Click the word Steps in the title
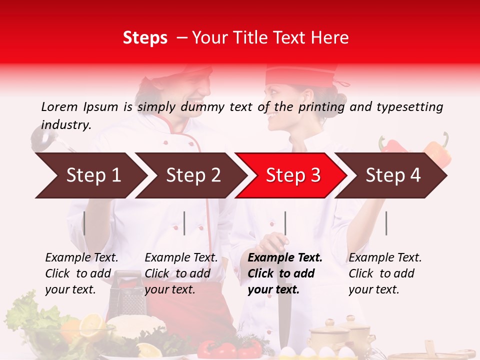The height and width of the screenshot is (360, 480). click(145, 38)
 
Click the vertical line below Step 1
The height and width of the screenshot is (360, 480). click(84, 223)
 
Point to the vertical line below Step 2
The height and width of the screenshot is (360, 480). click(184, 223)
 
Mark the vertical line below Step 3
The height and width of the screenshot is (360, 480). click(285, 223)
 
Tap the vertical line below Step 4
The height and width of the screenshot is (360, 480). click(386, 223)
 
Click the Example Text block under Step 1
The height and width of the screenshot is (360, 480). click(81, 273)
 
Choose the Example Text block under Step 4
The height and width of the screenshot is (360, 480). click(385, 273)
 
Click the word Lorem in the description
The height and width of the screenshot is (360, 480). click(59, 106)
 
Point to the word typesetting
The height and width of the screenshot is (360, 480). click(409, 106)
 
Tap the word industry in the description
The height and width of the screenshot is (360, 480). click(66, 124)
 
